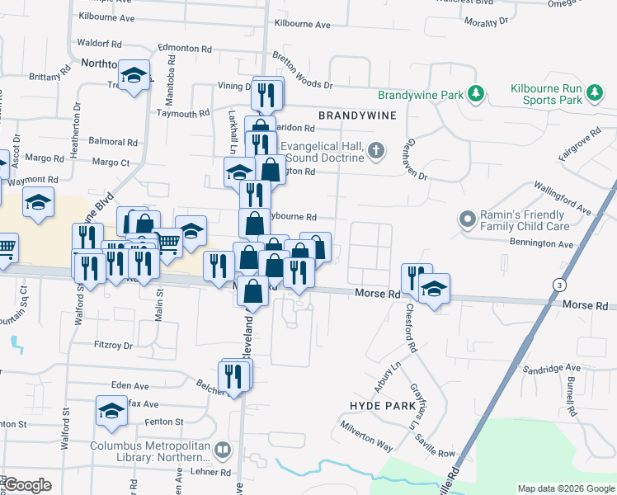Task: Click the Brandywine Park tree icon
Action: point(475,94)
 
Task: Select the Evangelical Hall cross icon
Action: point(376,150)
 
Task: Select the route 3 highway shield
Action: point(561,285)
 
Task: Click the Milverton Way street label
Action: point(368,434)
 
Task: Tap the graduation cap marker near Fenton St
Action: point(111,410)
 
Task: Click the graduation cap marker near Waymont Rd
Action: point(38,203)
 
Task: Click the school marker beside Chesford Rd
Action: point(434,290)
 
